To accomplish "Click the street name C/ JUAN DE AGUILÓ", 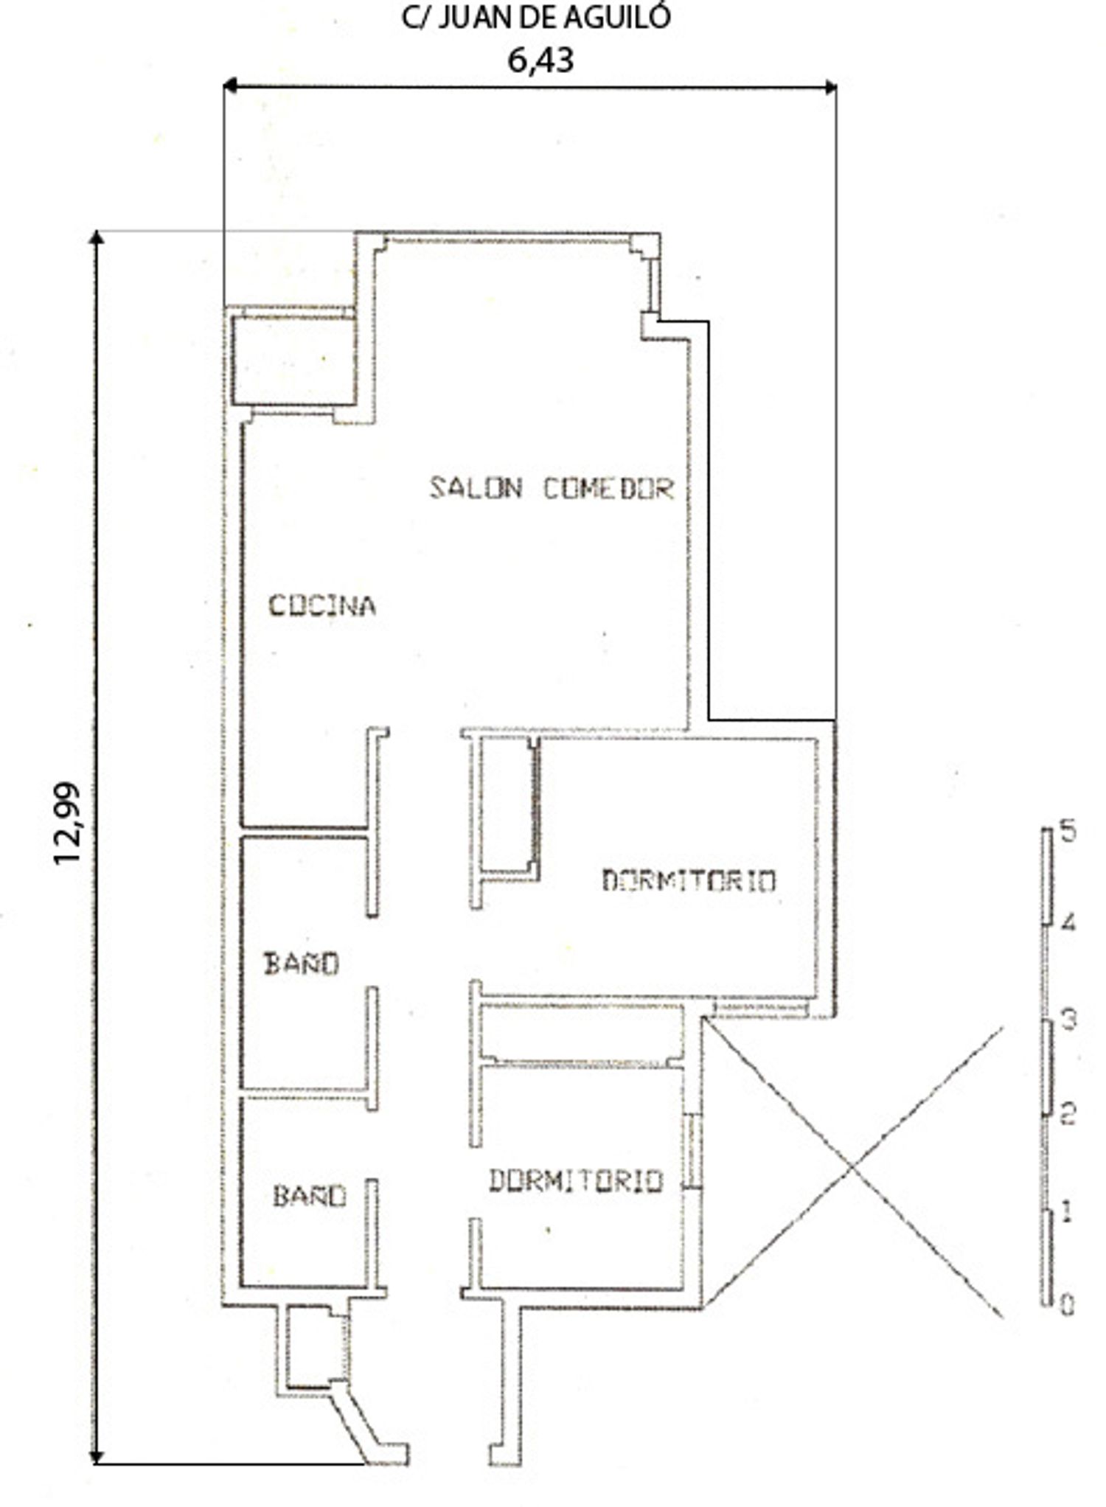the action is pos(536,17).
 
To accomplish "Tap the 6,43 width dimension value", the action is pos(540,60).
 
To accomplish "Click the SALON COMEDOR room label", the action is pos(552,488).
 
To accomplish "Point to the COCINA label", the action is pos(321,605).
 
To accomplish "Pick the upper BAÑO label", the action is pos(302,963).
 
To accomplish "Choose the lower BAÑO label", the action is pos(310,1195).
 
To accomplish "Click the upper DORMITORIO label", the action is pos(689,880).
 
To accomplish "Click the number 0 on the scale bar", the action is pos(1067,1306).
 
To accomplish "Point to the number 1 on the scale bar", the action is pos(1066,1213).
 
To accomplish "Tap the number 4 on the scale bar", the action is pos(1067,922).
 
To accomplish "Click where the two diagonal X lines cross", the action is pos(853,1166).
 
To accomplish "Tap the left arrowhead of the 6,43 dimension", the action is pos(230,87).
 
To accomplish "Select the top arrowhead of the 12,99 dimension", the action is pos(96,237).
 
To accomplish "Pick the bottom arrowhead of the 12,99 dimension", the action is pos(96,1457).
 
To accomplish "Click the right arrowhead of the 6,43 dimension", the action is pos(829,88).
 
